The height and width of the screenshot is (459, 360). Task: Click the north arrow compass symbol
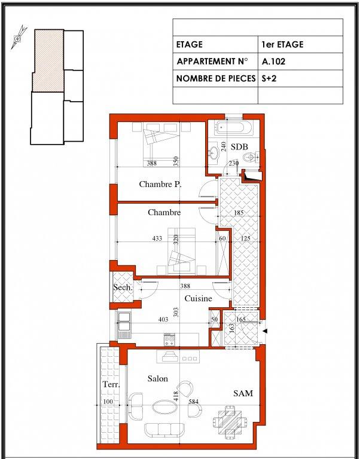(x=19, y=38)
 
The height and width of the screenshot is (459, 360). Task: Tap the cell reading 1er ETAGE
(x=282, y=44)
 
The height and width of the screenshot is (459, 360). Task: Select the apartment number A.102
(x=273, y=62)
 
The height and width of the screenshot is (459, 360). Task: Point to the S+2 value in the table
(x=269, y=78)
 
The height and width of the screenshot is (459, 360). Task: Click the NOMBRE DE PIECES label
(x=216, y=78)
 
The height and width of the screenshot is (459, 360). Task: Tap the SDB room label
(x=239, y=146)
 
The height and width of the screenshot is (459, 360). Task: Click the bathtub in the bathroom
(x=233, y=128)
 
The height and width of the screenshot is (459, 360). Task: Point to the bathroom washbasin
(x=215, y=152)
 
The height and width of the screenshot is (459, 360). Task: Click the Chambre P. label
(x=160, y=185)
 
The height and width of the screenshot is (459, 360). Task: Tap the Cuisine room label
(x=199, y=299)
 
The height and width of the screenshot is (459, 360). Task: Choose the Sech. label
(x=123, y=287)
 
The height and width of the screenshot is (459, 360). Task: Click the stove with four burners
(x=169, y=339)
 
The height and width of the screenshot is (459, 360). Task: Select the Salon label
(x=158, y=378)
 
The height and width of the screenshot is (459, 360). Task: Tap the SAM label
(x=243, y=393)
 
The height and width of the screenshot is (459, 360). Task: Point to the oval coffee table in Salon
(x=165, y=407)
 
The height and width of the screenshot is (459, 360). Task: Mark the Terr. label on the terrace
(x=111, y=384)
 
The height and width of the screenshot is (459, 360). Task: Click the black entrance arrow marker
(x=265, y=331)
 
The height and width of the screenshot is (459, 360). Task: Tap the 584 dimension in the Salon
(x=193, y=402)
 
